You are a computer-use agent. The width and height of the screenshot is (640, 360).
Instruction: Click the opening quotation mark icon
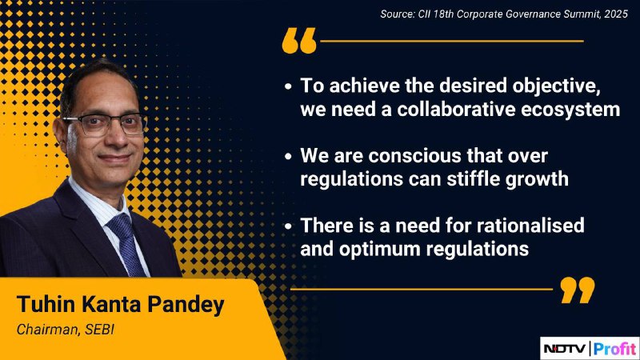point(299,41)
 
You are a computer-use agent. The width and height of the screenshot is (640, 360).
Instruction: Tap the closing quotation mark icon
point(578,290)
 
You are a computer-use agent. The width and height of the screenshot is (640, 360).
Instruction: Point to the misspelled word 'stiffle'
point(474,178)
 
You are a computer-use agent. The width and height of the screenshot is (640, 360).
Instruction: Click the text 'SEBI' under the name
point(99,330)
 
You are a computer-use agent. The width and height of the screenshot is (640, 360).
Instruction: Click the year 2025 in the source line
point(616,14)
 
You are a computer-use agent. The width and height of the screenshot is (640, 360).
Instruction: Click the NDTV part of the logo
point(565,349)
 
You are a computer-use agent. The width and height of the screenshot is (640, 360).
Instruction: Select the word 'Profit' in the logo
point(614,349)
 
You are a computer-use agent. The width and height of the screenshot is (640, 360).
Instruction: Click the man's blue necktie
point(126,245)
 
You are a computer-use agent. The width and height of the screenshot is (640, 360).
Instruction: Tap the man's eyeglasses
point(104,125)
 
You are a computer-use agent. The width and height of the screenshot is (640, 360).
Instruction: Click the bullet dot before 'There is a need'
point(288,226)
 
